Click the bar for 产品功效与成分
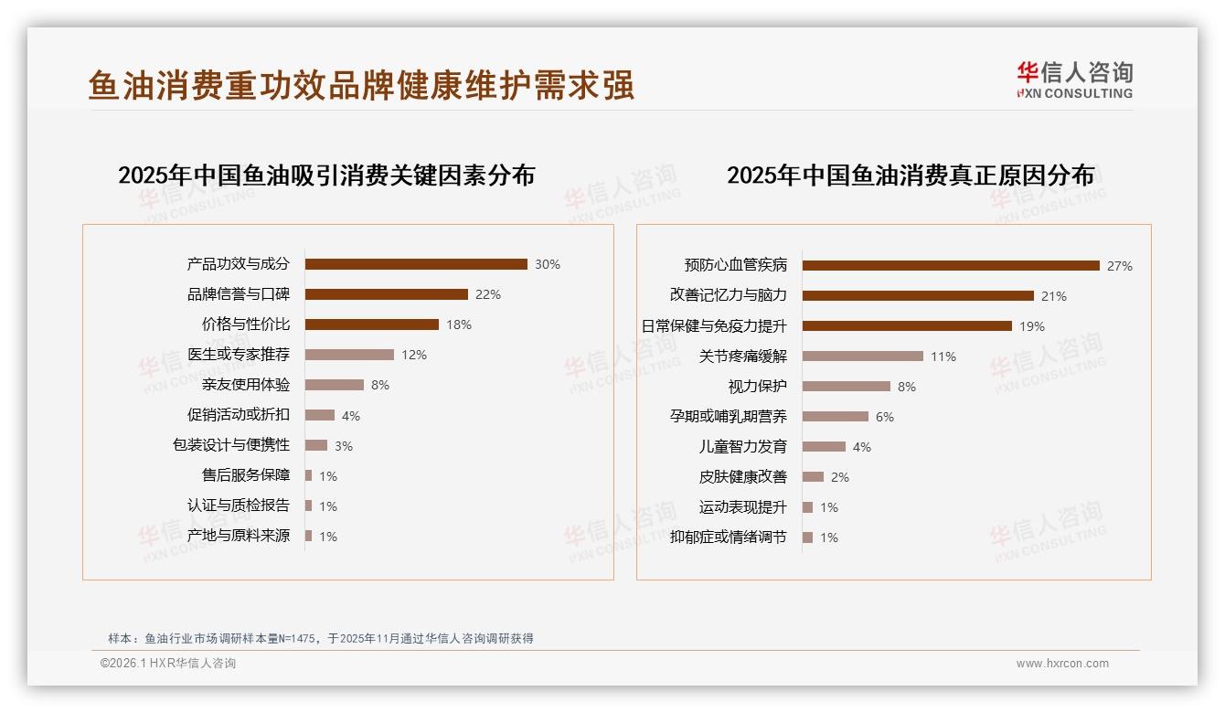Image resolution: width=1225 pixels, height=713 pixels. click(416, 264)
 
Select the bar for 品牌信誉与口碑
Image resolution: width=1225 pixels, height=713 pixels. click(386, 294)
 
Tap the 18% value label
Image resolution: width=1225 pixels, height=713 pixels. click(458, 325)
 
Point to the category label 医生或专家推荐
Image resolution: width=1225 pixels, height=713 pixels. click(239, 355)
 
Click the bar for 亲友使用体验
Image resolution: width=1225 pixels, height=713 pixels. click(335, 385)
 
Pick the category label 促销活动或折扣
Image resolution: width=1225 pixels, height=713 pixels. click(239, 415)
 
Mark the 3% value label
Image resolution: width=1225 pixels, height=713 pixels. click(343, 446)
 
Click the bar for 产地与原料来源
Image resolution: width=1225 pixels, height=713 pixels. click(309, 536)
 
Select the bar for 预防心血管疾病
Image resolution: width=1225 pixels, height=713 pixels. click(951, 266)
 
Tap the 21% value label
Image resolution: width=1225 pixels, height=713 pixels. click(1054, 296)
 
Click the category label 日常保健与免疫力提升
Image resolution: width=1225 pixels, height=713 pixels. click(714, 326)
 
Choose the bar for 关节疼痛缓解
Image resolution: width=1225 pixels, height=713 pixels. click(863, 356)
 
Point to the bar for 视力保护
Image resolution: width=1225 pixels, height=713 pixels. click(847, 387)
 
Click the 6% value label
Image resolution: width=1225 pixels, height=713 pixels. click(885, 417)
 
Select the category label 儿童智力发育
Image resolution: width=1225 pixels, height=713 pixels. click(743, 447)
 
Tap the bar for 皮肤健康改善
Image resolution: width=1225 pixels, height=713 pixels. click(814, 477)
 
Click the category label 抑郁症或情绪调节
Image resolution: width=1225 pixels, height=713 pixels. click(729, 537)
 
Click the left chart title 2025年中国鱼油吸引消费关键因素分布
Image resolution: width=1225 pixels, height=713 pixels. click(326, 175)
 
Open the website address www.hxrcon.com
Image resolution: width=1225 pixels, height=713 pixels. click(1062, 664)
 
